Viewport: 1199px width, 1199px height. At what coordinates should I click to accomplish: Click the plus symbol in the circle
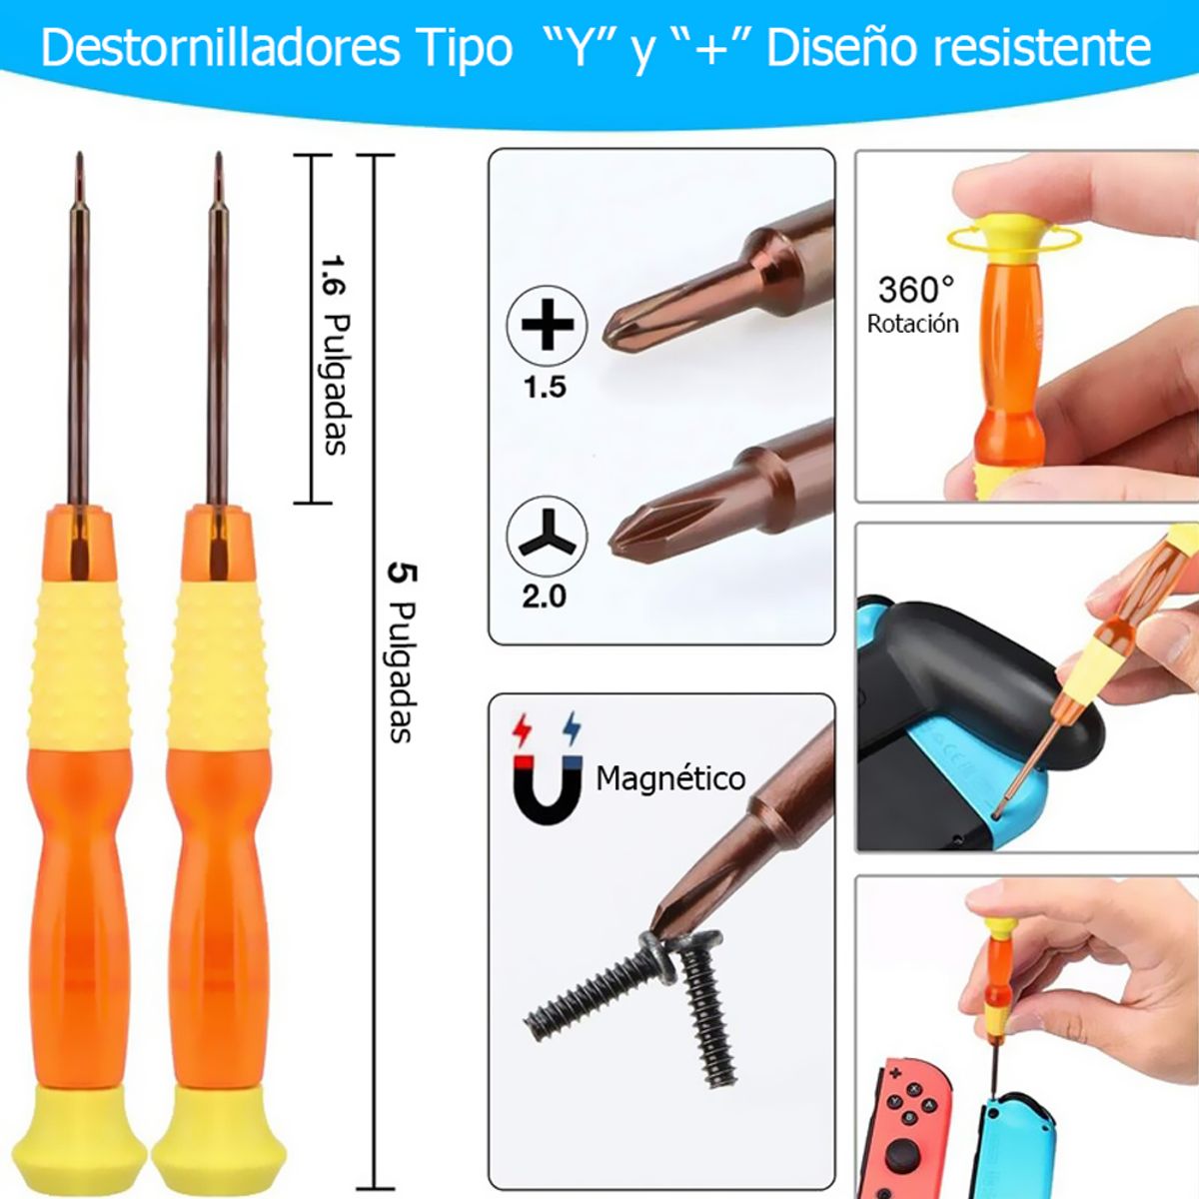coord(547,325)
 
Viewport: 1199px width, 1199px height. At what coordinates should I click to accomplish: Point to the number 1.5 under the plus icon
coord(545,387)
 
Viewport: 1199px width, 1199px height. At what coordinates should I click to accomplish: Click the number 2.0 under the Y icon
coord(544,597)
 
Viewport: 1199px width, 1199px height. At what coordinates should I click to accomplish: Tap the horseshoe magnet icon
coord(547,784)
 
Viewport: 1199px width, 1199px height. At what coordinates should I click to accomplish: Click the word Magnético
coord(670,778)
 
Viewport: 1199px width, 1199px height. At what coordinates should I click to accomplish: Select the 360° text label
coord(915,289)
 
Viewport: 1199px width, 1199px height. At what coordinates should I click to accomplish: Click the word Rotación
coord(912,324)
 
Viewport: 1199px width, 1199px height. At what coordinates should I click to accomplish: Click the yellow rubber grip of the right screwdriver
coord(218,664)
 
